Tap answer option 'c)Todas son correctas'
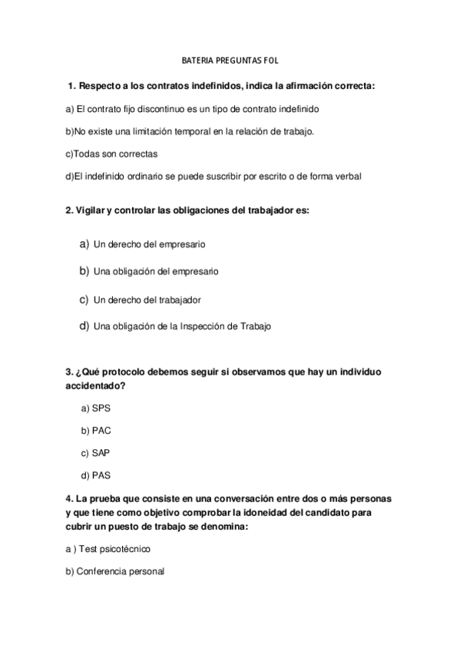[111, 154]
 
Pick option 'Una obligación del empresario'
[155, 271]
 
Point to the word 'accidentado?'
[95, 385]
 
